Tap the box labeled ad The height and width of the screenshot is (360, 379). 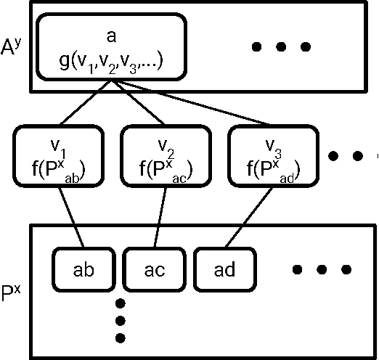pyautogui.click(x=224, y=269)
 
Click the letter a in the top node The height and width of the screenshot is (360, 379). pyautogui.click(x=110, y=33)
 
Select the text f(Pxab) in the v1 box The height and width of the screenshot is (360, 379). pyautogui.click(x=50, y=173)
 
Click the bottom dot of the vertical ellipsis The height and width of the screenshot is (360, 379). pyautogui.click(x=121, y=337)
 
